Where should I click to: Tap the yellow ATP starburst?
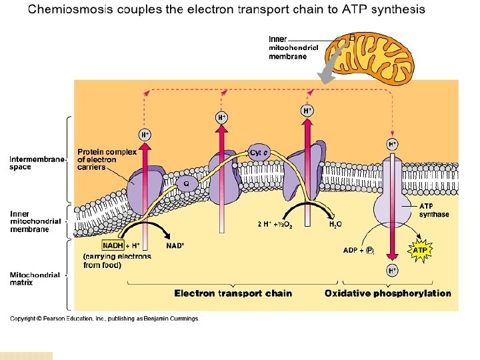[x=420, y=251]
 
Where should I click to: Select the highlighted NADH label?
[x=112, y=245]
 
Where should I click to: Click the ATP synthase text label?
[x=434, y=210]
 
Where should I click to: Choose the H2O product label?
[x=335, y=225]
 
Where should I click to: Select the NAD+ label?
[x=175, y=245]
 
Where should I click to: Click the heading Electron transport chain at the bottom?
[x=233, y=293]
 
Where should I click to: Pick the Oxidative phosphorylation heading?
[x=387, y=293]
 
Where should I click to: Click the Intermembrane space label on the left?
[x=38, y=163]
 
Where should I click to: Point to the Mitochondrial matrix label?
[x=35, y=279]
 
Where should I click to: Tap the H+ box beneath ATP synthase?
[x=393, y=271]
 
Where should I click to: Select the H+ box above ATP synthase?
[x=393, y=144]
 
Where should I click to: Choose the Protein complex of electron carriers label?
[x=107, y=159]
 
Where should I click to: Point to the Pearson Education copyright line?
[x=105, y=319]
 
